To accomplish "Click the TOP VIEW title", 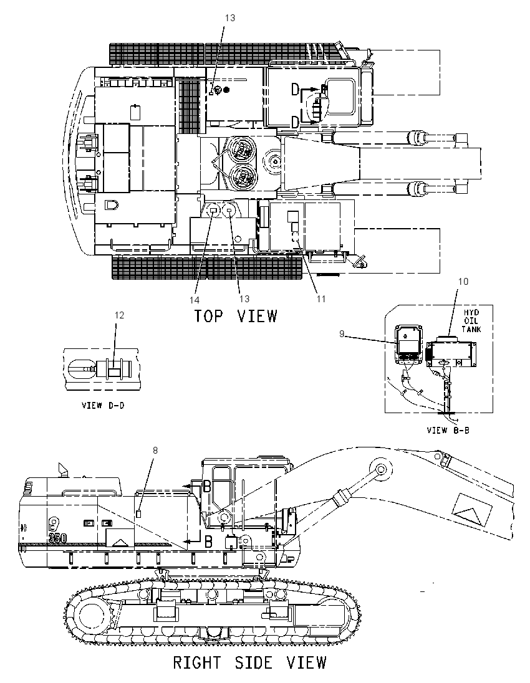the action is click(x=235, y=316).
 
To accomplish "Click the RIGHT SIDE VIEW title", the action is click(x=250, y=662).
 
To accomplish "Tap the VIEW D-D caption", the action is click(x=104, y=405).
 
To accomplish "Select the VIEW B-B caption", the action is click(x=448, y=431).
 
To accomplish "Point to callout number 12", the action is click(x=119, y=315).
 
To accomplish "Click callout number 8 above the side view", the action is click(x=155, y=451).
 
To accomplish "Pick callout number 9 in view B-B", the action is click(x=342, y=333).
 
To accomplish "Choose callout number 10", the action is click(x=463, y=282).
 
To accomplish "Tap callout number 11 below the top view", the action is click(x=321, y=299).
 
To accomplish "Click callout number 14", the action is click(x=195, y=300).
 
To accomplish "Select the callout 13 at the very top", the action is click(x=229, y=18).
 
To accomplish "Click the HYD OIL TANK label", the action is click(x=471, y=320).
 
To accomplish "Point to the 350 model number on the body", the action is click(x=57, y=538).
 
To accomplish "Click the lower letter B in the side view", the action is click(x=208, y=542).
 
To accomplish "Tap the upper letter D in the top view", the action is click(x=295, y=90).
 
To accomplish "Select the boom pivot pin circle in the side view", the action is click(x=380, y=469).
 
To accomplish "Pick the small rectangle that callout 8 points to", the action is click(x=138, y=513).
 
